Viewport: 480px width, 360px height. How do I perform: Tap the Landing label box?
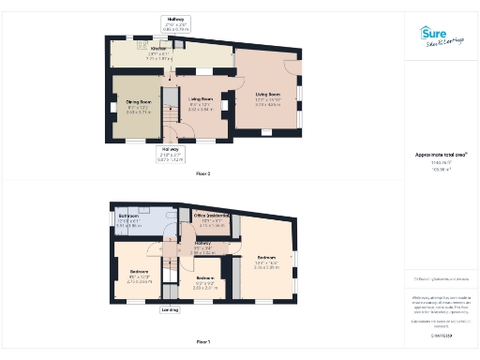(170, 309)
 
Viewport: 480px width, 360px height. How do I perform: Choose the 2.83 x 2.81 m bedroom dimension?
(204, 288)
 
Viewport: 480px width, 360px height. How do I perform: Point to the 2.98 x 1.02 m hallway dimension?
(202, 253)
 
